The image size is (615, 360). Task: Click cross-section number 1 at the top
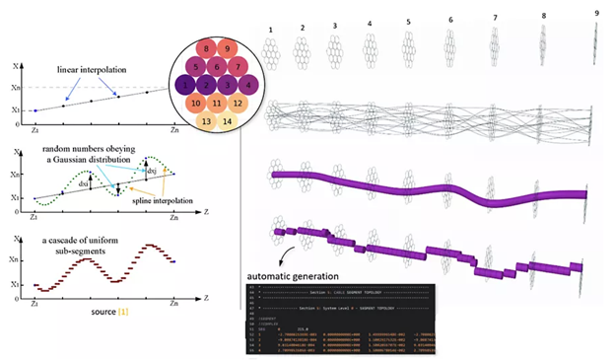click(267, 31)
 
